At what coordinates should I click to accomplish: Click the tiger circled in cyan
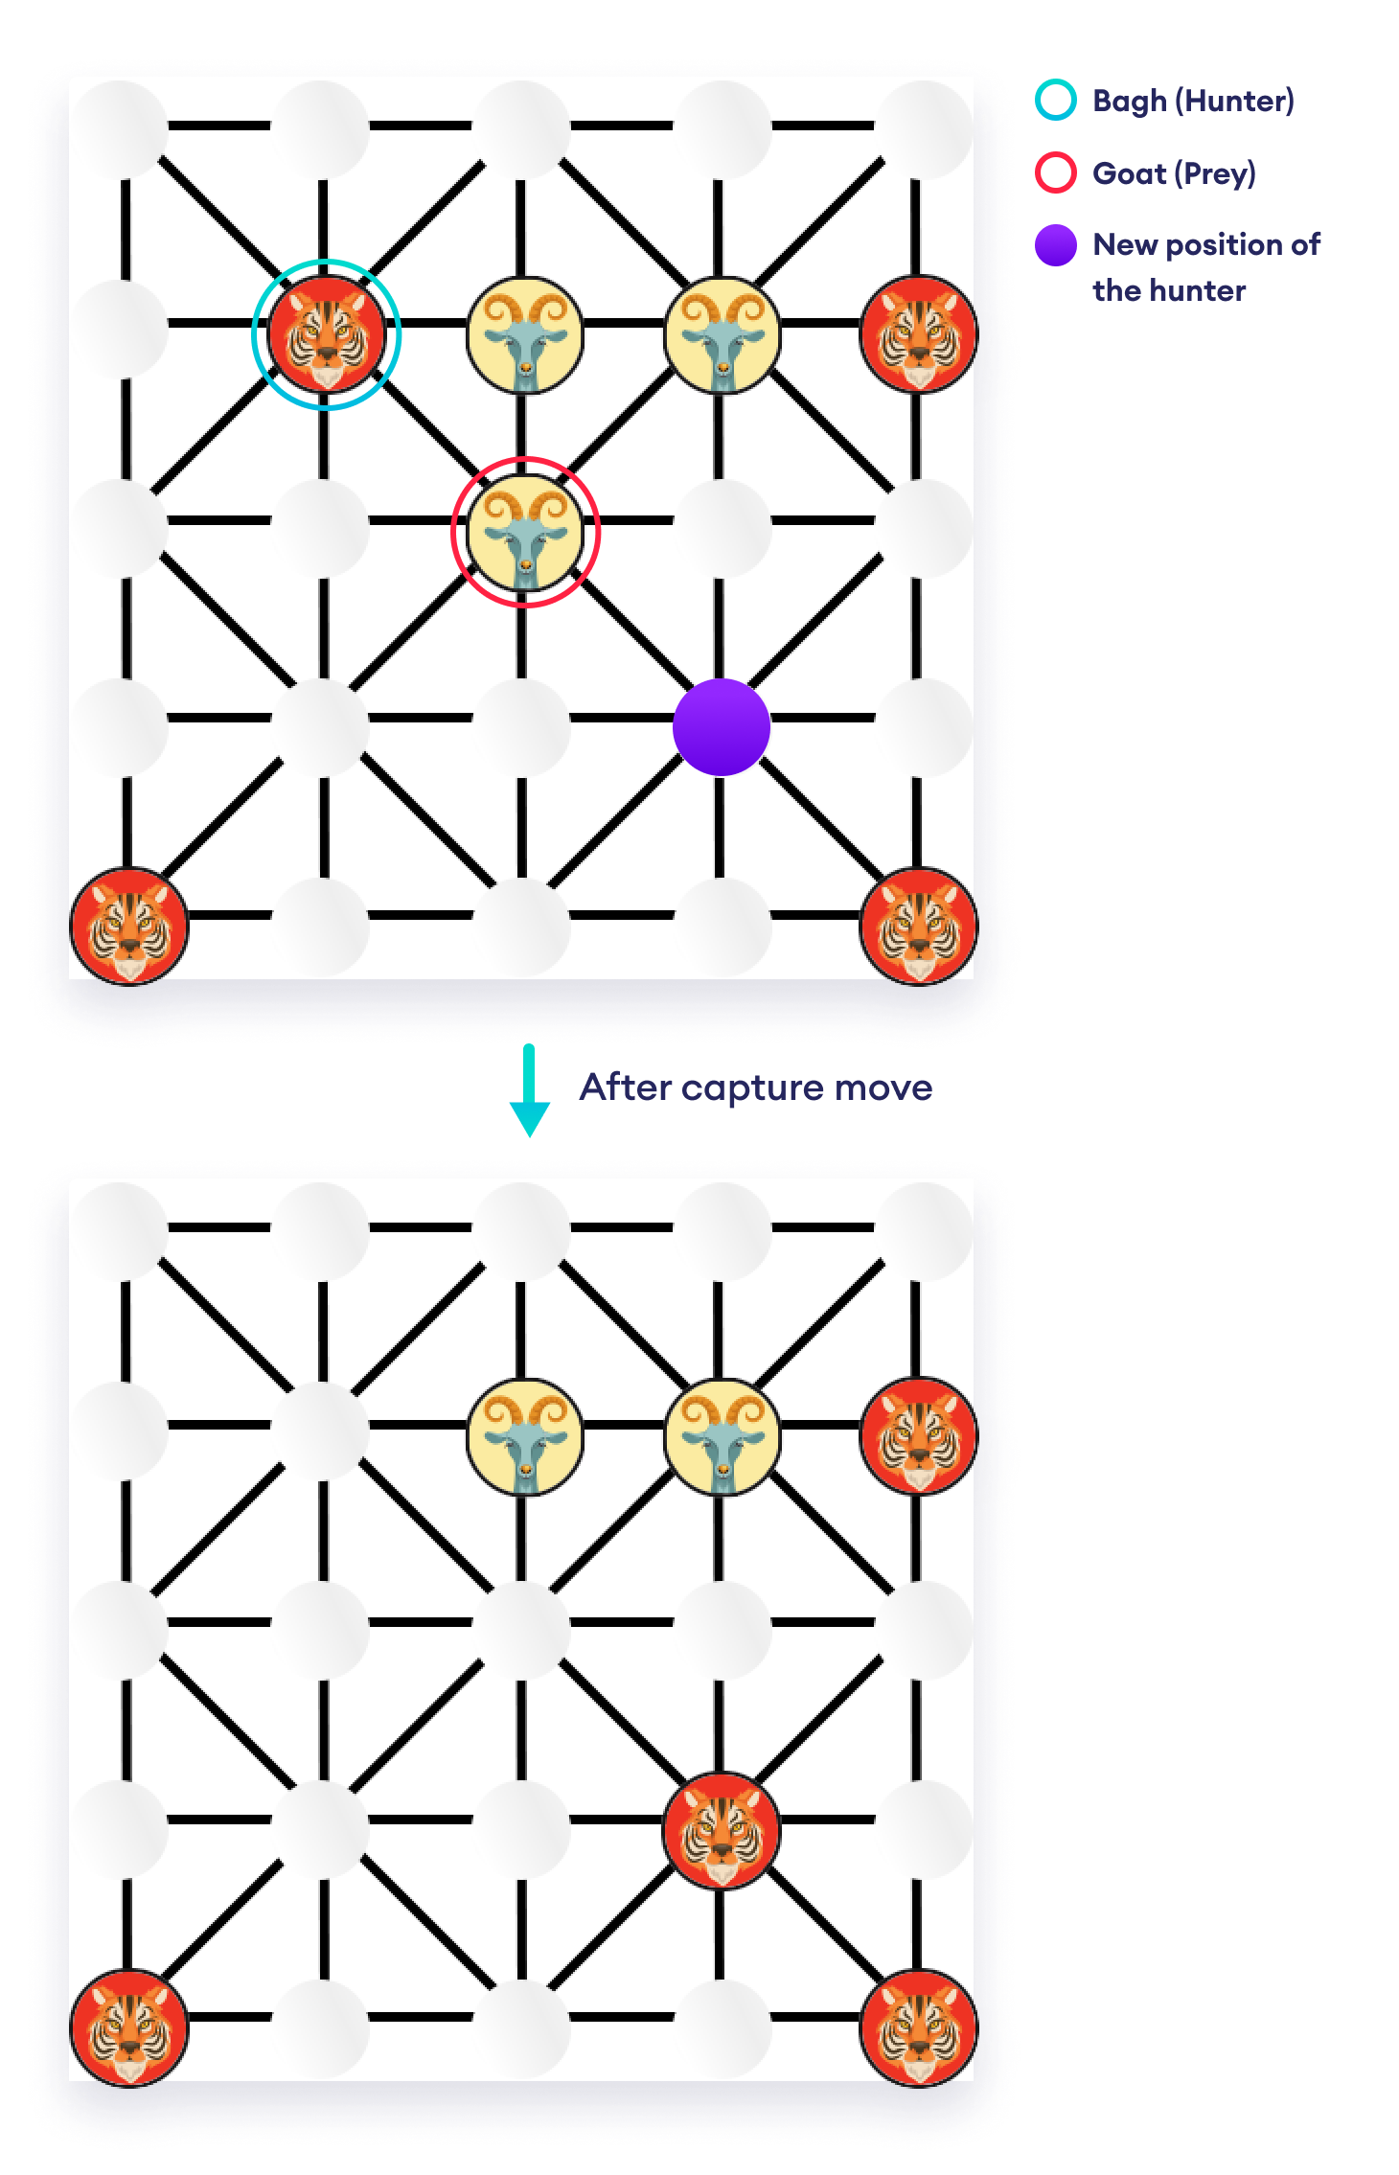(326, 334)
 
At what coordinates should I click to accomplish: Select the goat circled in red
(524, 532)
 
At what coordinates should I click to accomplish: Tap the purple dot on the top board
(722, 727)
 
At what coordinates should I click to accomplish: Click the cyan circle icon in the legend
(1056, 101)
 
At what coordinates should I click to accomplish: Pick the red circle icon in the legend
(1056, 173)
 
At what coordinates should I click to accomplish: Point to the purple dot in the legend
(1056, 245)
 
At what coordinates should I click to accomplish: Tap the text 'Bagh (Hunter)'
(1193, 101)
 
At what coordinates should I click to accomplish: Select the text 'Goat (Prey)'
(1174, 173)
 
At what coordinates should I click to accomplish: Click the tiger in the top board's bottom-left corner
(129, 926)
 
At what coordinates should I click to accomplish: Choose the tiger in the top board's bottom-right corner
(918, 926)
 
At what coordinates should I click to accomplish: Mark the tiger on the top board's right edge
(918, 334)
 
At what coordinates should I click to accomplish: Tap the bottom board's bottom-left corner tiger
(129, 2027)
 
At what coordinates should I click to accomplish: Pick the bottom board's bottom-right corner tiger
(918, 2027)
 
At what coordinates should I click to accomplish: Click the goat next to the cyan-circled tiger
(524, 334)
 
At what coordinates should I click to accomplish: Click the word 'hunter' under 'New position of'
(1198, 290)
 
